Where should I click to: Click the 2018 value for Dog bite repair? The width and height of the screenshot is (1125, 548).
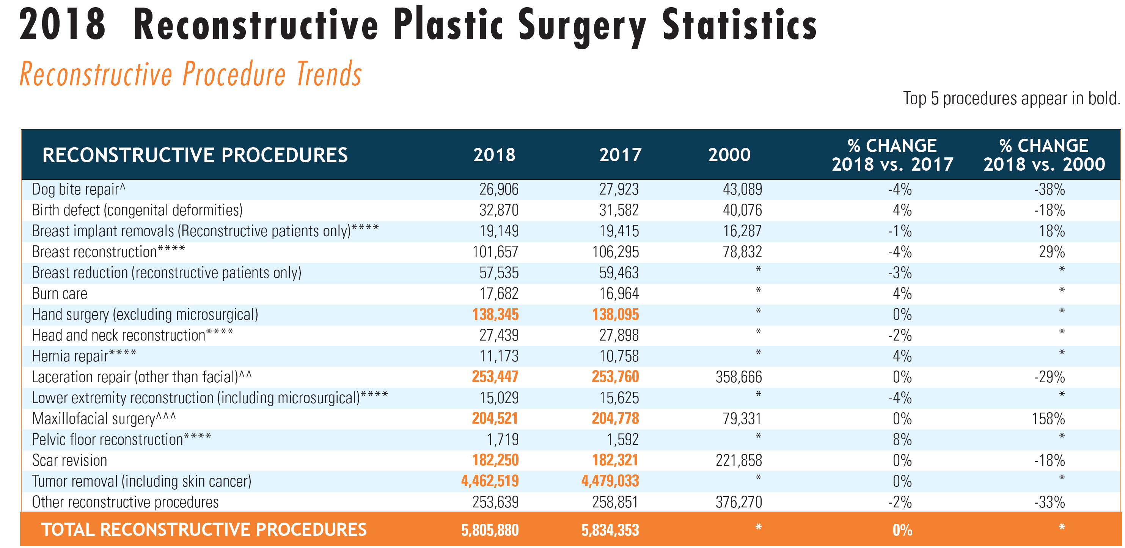click(499, 190)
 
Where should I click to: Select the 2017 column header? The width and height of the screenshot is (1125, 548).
click(620, 155)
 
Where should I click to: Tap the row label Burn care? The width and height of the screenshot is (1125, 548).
click(60, 294)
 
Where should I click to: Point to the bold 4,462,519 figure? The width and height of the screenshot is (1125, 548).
click(490, 481)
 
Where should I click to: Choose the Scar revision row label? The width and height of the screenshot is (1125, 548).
click(69, 460)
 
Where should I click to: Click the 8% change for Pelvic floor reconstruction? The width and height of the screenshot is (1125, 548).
click(902, 440)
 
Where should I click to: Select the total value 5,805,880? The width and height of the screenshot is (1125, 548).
click(490, 530)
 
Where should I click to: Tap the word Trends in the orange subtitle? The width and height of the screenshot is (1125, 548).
click(329, 74)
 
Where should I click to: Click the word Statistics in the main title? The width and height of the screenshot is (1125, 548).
click(739, 25)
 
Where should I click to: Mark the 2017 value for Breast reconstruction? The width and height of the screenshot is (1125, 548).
click(615, 252)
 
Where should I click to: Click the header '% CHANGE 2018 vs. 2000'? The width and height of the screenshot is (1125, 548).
click(1044, 155)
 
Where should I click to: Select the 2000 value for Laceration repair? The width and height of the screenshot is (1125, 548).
click(738, 377)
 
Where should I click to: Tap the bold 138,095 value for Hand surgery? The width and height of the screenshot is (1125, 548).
click(615, 314)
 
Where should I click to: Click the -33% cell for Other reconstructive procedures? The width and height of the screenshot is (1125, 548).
click(1050, 502)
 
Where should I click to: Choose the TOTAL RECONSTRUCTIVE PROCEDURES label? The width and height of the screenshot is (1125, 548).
click(204, 530)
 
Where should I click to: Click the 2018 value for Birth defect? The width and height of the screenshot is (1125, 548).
click(499, 210)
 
